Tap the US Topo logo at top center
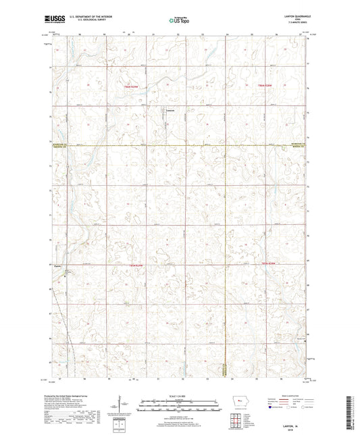[x=180, y=21]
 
